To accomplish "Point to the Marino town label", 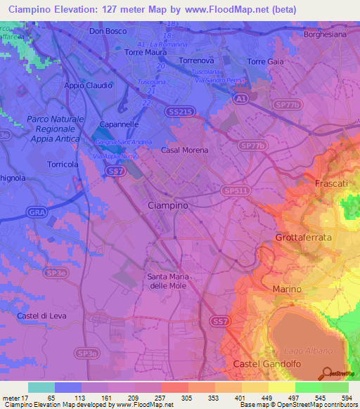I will click(x=287, y=290).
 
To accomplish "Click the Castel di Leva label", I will click(x=41, y=316).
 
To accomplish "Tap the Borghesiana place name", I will click(x=326, y=34).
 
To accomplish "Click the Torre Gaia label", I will click(x=266, y=62).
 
